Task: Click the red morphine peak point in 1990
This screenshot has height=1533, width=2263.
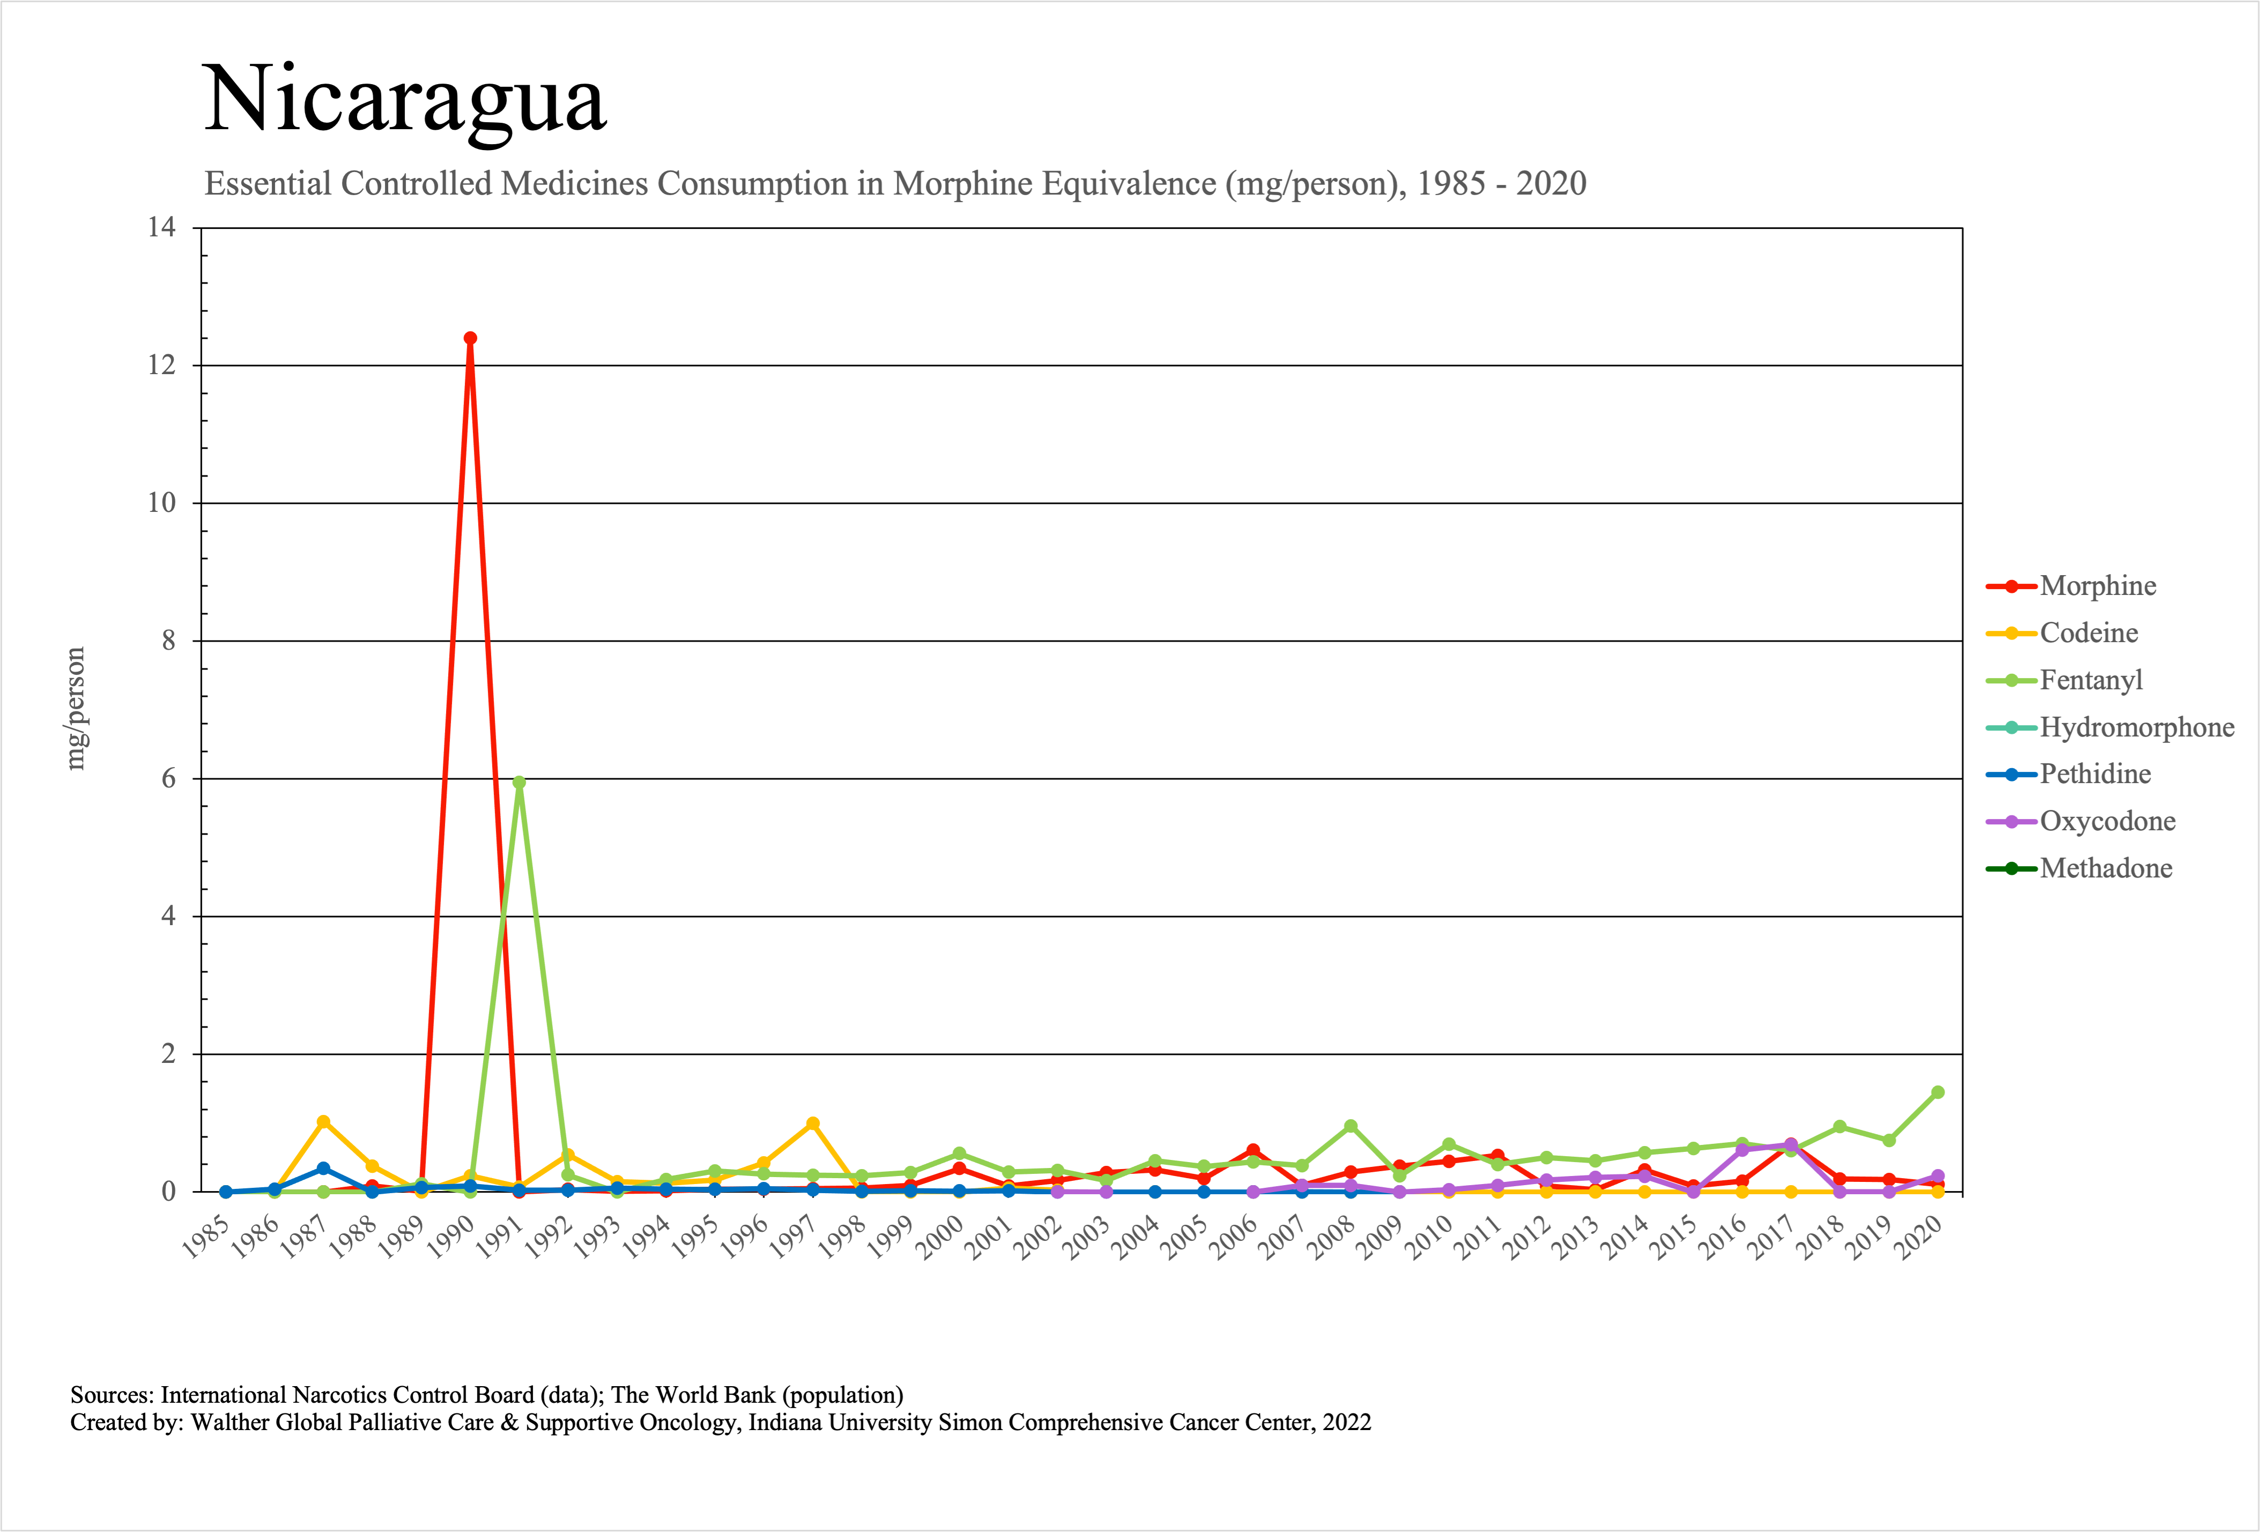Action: [470, 339]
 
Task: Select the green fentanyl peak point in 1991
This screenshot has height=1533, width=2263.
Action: [519, 783]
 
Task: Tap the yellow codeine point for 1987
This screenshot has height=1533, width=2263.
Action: [323, 1121]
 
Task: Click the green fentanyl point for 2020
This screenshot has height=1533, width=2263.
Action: [1938, 1092]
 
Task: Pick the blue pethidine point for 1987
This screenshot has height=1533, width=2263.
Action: [323, 1168]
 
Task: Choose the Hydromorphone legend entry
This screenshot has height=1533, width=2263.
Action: [2136, 727]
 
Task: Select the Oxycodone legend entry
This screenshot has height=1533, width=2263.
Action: [2107, 822]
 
